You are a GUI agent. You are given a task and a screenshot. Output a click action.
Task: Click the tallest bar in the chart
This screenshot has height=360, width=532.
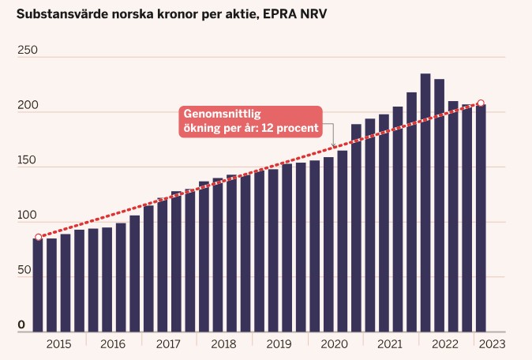[x=425, y=203]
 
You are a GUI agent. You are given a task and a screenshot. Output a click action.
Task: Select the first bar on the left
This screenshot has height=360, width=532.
[x=38, y=285]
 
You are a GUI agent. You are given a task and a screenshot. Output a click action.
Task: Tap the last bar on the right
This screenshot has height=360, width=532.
[x=481, y=218]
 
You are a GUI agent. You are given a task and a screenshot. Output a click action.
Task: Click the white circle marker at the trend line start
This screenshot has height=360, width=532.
[x=39, y=237]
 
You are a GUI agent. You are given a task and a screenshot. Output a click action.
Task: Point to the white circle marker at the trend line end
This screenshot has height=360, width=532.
[x=481, y=103]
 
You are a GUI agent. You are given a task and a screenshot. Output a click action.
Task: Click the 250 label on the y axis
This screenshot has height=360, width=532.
[x=28, y=50]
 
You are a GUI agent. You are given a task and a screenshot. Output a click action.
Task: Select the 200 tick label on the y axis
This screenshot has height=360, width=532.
[x=28, y=105]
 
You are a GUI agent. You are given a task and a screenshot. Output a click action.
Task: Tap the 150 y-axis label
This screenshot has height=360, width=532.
[x=27, y=160]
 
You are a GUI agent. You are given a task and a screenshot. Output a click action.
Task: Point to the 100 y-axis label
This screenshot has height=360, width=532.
[x=27, y=215]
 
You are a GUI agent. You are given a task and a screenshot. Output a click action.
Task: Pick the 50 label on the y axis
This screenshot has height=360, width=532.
[x=24, y=270]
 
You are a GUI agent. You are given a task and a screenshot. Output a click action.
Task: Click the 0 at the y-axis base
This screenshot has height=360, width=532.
[x=21, y=324]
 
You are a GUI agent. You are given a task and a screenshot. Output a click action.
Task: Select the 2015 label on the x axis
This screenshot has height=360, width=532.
[x=58, y=344]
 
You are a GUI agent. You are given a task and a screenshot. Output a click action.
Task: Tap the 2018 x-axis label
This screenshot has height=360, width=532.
[x=223, y=344]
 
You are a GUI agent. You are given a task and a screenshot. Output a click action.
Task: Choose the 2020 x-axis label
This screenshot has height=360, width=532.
[x=334, y=344]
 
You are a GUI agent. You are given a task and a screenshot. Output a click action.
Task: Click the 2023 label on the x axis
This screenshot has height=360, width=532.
[x=493, y=344]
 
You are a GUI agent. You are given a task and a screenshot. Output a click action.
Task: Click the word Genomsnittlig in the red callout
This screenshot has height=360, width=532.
[x=223, y=114]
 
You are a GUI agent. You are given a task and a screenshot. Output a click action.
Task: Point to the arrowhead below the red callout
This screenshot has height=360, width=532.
[x=334, y=145]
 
